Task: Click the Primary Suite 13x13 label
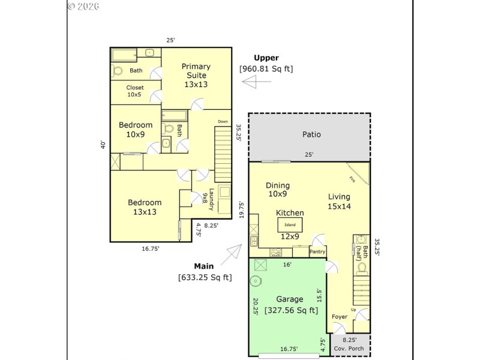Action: coord(196,76)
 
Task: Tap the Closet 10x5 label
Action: coord(134,91)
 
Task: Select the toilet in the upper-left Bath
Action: coord(118,71)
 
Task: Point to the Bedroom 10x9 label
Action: coord(135,130)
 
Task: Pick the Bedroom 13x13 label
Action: coord(145,208)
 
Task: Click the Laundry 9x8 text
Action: coord(208,199)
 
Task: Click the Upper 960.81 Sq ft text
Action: coord(266,63)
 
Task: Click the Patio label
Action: coord(311,134)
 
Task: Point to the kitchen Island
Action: coord(290,225)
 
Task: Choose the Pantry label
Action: coord(317,252)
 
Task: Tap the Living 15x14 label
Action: coord(339,201)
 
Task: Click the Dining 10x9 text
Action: coord(278,190)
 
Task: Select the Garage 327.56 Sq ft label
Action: coord(289,304)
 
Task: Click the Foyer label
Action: coord(340,316)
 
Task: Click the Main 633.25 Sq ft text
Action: coord(205,272)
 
